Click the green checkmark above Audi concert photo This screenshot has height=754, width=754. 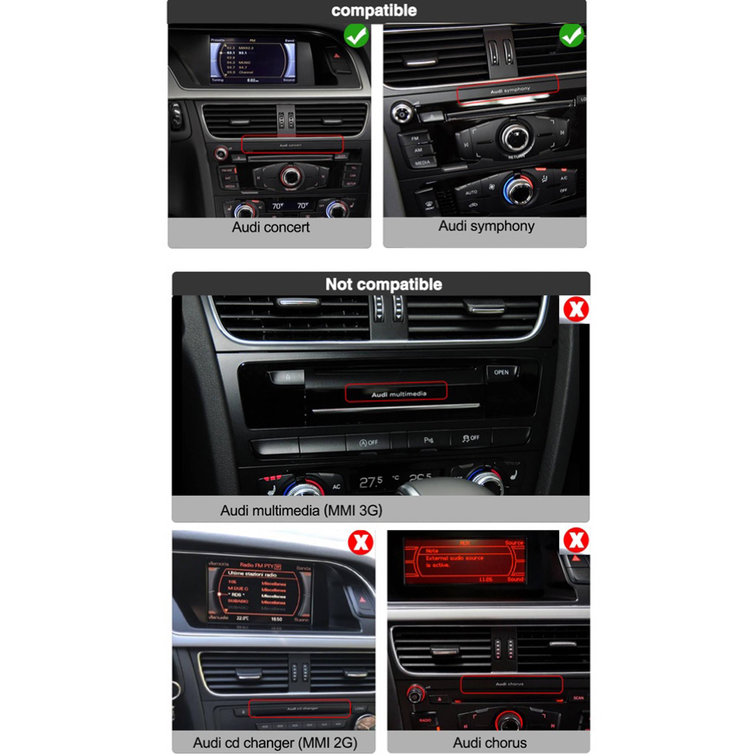point(356,36)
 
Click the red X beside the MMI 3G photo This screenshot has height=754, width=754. point(576,309)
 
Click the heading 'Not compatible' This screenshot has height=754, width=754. point(383,284)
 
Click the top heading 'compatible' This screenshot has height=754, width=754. point(374,11)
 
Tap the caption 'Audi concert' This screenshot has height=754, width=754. point(271,227)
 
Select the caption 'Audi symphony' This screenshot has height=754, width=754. point(486,226)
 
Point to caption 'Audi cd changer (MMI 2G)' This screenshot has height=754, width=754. point(275,742)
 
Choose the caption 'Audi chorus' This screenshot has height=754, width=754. point(489,742)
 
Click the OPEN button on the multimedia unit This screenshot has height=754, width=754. point(502,372)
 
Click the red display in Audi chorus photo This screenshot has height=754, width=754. point(464,561)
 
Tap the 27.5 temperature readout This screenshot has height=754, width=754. point(371,482)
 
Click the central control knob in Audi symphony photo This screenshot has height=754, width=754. point(515,137)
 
